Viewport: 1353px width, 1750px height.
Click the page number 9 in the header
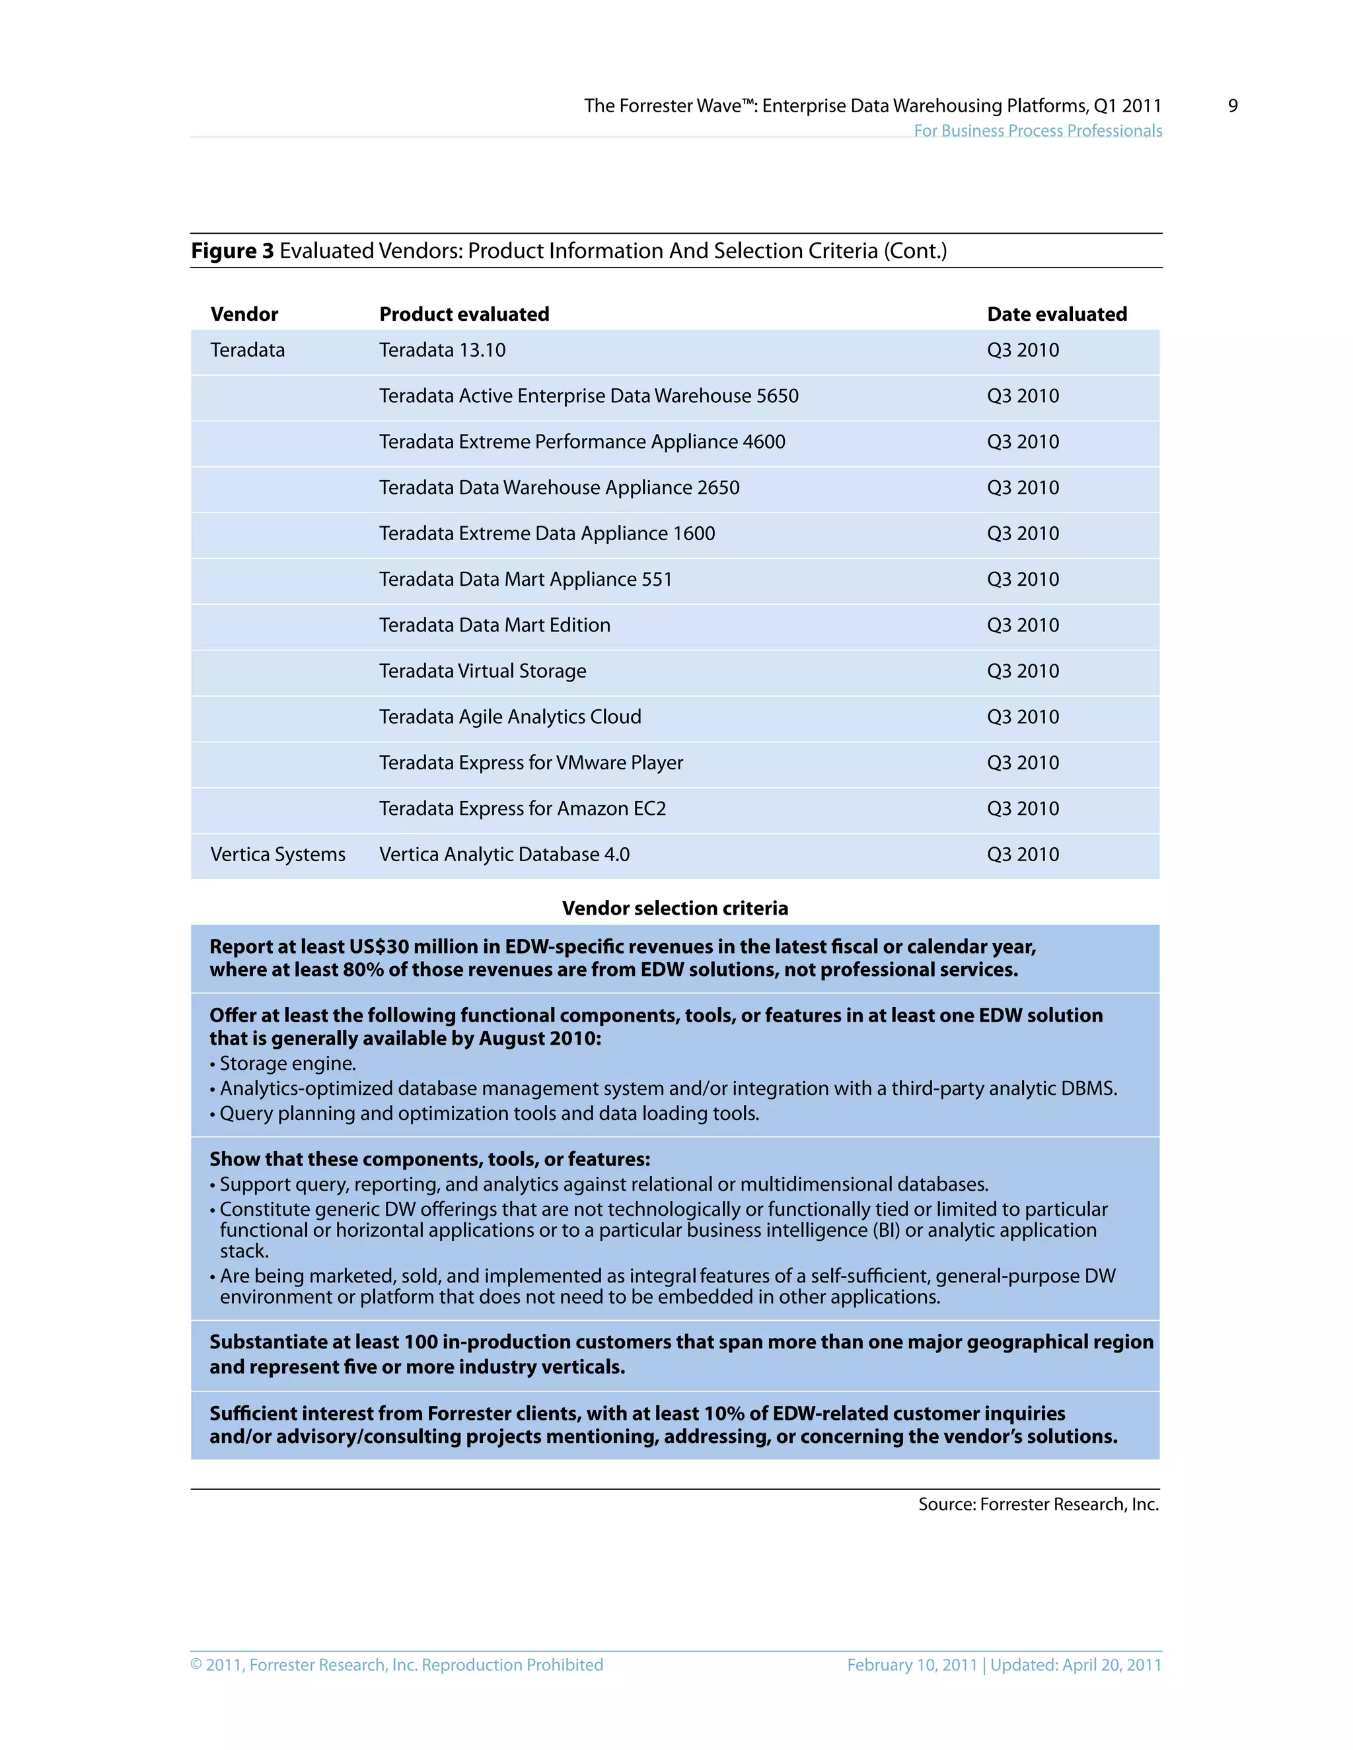1233,106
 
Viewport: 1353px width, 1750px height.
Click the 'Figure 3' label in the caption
233,251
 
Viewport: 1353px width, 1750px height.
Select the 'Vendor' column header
244,314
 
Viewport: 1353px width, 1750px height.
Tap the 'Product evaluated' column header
464,314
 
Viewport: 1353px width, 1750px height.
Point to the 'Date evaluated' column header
1056,314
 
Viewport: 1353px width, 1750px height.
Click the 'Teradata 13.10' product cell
443,350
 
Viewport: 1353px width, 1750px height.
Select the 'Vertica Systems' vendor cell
278,854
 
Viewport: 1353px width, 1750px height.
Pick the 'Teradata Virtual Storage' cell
482,671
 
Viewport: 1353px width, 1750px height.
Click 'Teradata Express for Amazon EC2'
523,808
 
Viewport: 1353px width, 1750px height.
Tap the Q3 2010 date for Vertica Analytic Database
1023,854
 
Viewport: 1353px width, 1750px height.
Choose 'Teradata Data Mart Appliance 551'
526,579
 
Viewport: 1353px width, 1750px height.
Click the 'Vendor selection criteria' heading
675,908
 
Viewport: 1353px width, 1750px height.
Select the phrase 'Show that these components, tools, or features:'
429,1159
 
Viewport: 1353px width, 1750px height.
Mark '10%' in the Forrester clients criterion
725,1413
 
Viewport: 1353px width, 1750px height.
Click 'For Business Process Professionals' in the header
1037,131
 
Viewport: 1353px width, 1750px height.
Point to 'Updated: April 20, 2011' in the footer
1076,1664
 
